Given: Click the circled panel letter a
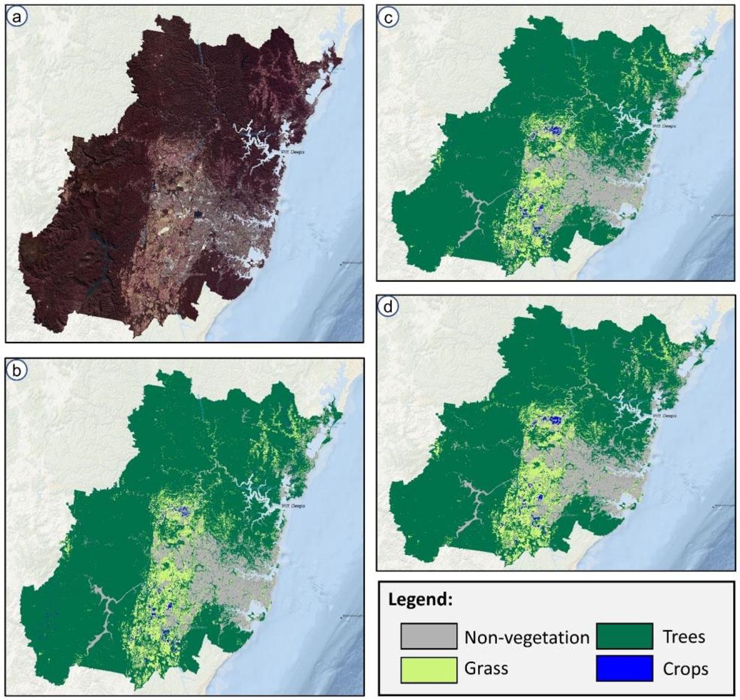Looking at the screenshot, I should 17,17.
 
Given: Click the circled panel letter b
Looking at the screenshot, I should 17,370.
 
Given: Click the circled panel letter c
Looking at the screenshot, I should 387,17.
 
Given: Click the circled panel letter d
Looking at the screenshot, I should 387,307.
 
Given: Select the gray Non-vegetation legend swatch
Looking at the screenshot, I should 428,636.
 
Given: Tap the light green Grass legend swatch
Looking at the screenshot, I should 428,669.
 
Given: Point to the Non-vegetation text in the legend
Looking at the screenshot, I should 527,638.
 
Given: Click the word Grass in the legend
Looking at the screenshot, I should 486,669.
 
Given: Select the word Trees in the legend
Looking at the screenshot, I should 684,637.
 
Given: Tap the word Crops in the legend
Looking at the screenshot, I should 685,669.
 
